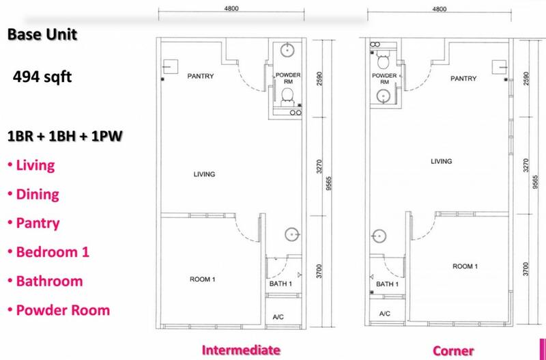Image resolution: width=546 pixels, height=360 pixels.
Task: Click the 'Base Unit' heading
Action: pyautogui.click(x=42, y=35)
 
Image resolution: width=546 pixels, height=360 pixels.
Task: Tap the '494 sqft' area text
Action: pyautogui.click(x=42, y=77)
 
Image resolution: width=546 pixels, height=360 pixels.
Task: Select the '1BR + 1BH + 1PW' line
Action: pyautogui.click(x=65, y=137)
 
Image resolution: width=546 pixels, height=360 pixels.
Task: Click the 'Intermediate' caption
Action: pyautogui.click(x=241, y=350)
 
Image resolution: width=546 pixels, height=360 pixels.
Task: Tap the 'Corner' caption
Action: pyautogui.click(x=453, y=350)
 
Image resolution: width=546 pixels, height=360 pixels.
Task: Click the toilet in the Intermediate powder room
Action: pyautogui.click(x=287, y=96)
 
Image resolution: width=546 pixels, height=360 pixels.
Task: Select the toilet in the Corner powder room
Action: pyautogui.click(x=383, y=61)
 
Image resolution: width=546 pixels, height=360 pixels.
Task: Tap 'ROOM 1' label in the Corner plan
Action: pyautogui.click(x=465, y=266)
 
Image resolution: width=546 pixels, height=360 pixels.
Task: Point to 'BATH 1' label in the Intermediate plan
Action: pyautogui.click(x=281, y=284)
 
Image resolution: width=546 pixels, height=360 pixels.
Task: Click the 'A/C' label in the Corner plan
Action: pyautogui.click(x=384, y=314)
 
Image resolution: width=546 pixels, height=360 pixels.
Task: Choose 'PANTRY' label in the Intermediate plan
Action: pyautogui.click(x=200, y=76)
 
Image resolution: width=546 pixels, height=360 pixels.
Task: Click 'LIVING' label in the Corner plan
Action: pyautogui.click(x=441, y=161)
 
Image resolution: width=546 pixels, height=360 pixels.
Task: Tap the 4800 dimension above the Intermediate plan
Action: pyautogui.click(x=231, y=9)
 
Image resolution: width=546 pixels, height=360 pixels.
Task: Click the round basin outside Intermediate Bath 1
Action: pyautogui.click(x=292, y=234)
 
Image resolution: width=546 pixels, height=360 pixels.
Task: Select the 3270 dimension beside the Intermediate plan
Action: pyautogui.click(x=320, y=167)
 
